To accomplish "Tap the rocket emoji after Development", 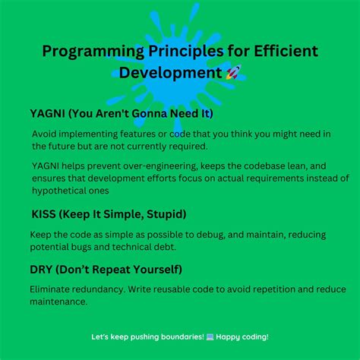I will pyautogui.click(x=233, y=73).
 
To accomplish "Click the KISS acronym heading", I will pyautogui.click(x=45, y=214).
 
